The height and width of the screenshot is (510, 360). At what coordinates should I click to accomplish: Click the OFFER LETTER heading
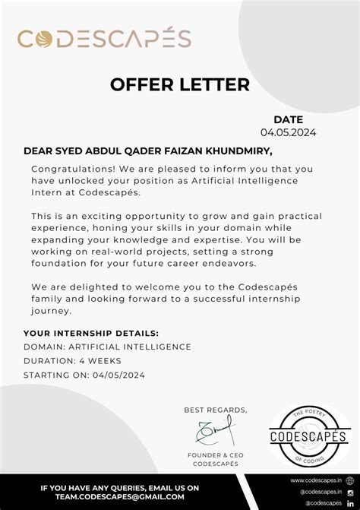tap(180, 84)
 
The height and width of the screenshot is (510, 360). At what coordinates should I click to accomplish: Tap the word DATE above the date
tap(289, 119)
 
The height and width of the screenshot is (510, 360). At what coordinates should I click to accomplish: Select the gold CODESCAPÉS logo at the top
tap(104, 39)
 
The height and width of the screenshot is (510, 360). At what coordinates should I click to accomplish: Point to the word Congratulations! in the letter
tap(69, 168)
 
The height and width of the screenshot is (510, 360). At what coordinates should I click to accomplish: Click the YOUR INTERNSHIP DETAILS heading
tap(91, 333)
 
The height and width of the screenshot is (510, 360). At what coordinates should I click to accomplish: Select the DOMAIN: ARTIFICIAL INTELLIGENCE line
tap(107, 347)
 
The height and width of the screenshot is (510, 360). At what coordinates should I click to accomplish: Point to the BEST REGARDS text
tap(216, 410)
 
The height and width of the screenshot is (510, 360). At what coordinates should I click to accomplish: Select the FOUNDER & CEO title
tap(216, 455)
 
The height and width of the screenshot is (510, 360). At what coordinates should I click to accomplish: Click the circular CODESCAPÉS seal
tap(308, 436)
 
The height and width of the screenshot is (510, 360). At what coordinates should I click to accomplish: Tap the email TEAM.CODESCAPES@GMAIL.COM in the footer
tap(120, 498)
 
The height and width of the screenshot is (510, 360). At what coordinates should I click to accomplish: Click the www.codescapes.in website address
tap(316, 480)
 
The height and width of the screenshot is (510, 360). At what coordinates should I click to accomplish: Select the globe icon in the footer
tap(350, 480)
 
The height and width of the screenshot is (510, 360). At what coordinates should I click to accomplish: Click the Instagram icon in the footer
tap(350, 492)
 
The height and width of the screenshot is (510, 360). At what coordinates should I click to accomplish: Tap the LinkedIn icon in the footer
tap(350, 503)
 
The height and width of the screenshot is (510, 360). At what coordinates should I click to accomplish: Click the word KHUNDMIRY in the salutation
tap(242, 151)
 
